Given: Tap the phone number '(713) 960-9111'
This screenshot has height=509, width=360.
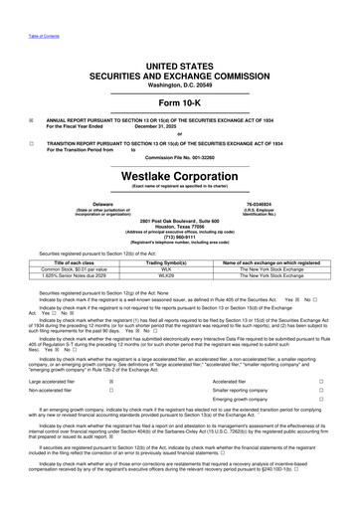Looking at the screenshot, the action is click(x=180, y=238).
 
